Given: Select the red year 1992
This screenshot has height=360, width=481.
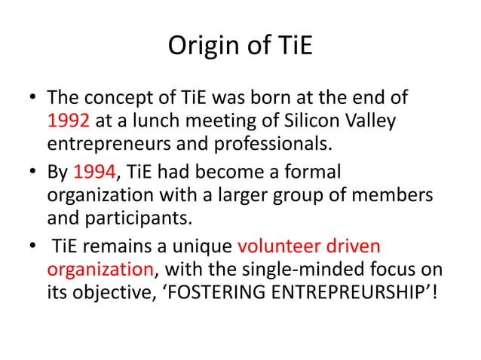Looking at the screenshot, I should [68, 121].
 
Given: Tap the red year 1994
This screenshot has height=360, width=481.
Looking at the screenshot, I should [94, 172].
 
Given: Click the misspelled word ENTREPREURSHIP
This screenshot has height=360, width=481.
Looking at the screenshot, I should [357, 291].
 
